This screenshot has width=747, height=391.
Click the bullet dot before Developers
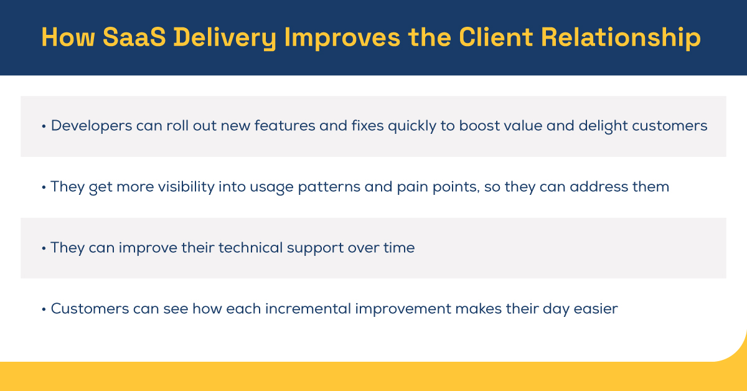coord(44,126)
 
